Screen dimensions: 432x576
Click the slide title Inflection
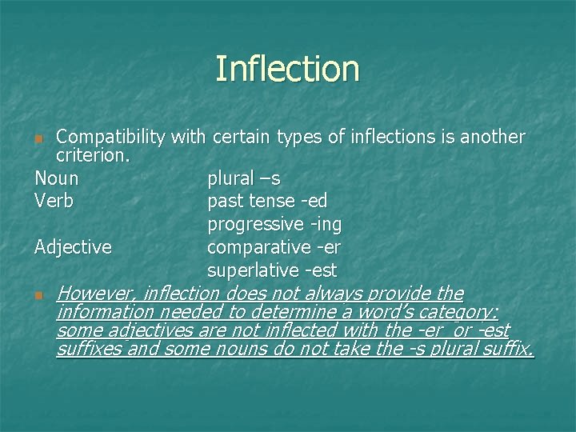click(287, 69)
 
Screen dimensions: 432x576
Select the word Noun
click(57, 177)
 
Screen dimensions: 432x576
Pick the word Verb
click(54, 200)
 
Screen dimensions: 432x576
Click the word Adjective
click(73, 247)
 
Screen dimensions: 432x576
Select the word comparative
click(257, 247)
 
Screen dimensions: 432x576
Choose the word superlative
click(252, 270)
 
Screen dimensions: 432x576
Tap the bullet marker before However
click(39, 295)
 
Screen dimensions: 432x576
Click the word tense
click(275, 200)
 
